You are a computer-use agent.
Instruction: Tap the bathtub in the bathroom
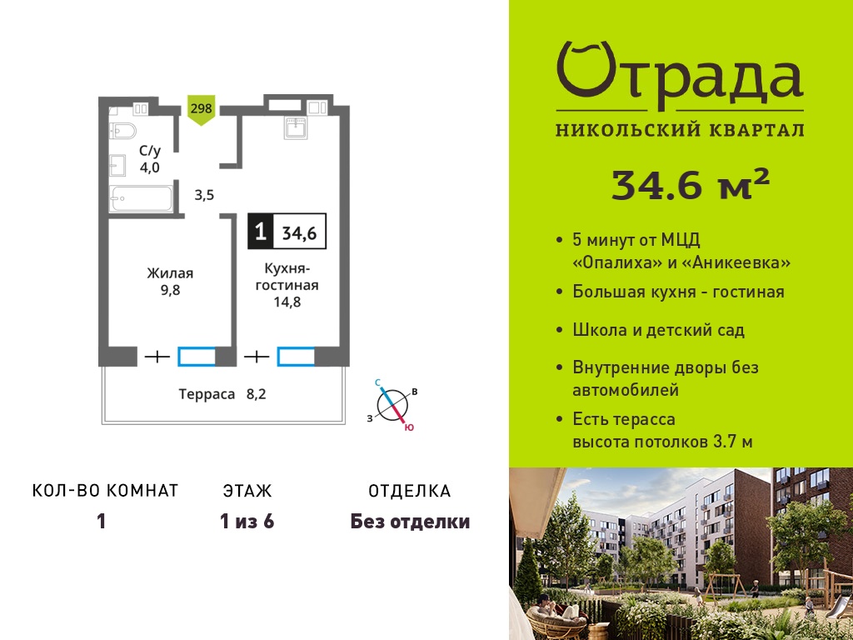[x=141, y=198]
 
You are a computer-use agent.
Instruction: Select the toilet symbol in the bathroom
[x=122, y=131]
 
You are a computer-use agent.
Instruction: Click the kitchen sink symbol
[x=296, y=127]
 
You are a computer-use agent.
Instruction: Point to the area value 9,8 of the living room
[x=170, y=290]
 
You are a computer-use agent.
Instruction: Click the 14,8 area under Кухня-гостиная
[x=287, y=302]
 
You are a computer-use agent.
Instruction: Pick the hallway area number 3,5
[x=204, y=195]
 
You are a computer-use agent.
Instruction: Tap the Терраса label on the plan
[x=207, y=394]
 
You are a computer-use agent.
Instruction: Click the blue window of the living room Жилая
[x=197, y=356]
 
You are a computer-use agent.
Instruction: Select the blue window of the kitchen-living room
[x=296, y=356]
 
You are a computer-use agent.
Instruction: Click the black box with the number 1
[x=261, y=232]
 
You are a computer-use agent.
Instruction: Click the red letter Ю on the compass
[x=409, y=427]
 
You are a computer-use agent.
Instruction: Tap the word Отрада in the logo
[x=680, y=76]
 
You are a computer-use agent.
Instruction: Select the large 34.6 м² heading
[x=691, y=184]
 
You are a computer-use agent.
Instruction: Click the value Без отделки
[x=410, y=522]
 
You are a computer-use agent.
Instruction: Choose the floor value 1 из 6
[x=247, y=522]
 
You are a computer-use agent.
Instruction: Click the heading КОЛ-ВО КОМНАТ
[x=106, y=491]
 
